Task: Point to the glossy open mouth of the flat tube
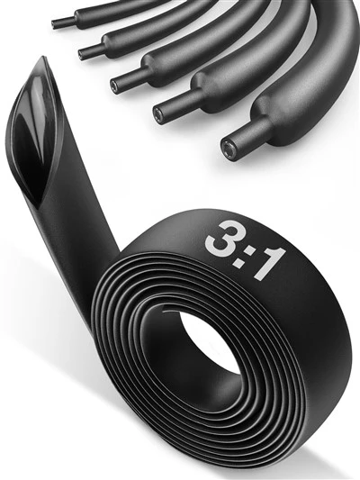tap(36, 131)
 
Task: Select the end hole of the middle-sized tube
tap(114, 84)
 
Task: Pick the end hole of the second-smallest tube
tap(81, 54)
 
